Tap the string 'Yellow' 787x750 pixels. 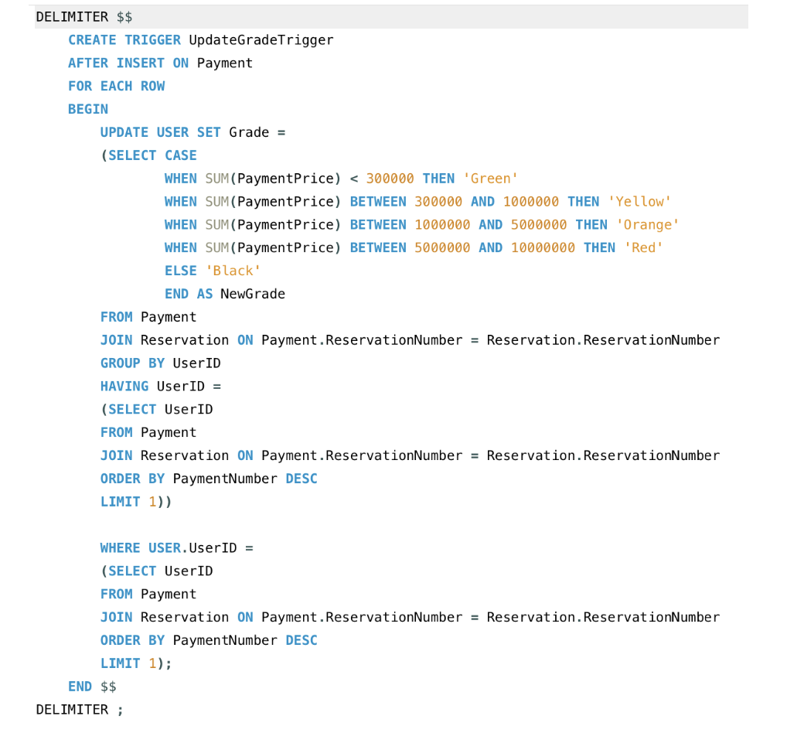coord(639,202)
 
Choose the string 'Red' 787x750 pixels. coord(643,248)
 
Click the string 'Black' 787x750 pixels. coord(233,271)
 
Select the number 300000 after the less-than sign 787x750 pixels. coord(390,179)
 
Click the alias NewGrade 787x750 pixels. coord(253,294)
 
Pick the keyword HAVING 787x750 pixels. coord(124,386)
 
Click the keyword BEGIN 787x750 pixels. coord(88,109)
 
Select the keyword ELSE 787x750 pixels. coord(180,271)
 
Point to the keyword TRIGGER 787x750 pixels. coord(152,39)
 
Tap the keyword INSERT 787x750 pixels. coord(140,63)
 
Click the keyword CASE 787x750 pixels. coord(180,155)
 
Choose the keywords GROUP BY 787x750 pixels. coord(132,363)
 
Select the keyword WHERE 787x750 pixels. coord(120,547)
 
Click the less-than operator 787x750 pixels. coord(353,179)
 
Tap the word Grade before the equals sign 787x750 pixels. coord(249,132)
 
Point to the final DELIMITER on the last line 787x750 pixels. coord(72,709)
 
